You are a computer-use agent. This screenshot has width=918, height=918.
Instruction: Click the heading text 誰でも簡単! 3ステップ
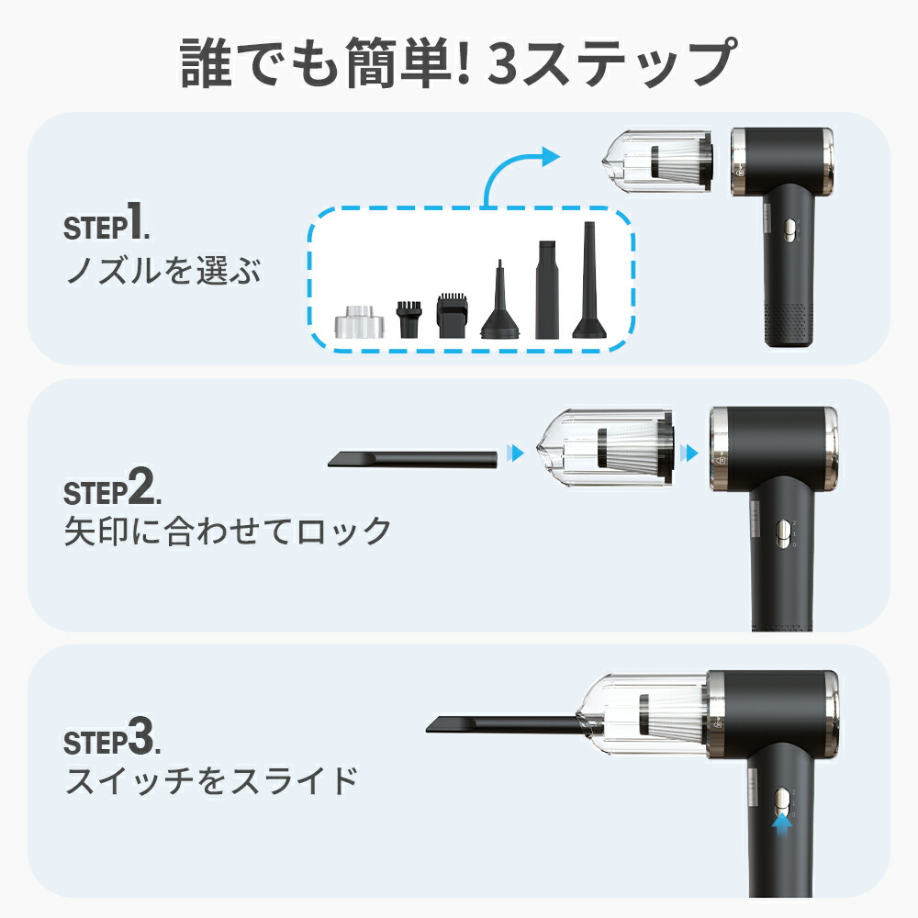458,62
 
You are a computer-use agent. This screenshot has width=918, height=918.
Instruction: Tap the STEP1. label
106,221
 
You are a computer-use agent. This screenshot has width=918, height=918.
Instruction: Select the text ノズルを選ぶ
162,270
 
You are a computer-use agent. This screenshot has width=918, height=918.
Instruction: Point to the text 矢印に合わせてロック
228,531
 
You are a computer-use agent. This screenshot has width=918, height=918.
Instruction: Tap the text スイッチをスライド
211,780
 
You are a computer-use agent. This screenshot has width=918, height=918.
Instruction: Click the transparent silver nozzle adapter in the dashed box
360,322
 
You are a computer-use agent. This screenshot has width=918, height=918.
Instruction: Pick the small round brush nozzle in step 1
409,319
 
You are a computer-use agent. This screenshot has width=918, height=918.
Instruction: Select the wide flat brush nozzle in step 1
453,316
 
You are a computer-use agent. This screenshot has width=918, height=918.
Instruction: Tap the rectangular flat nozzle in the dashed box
547,290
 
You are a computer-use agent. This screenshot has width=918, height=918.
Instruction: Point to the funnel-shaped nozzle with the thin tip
500,300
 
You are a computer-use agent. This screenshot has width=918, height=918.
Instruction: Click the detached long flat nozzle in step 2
412,458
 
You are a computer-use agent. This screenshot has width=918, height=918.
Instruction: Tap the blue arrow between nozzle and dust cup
515,453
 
